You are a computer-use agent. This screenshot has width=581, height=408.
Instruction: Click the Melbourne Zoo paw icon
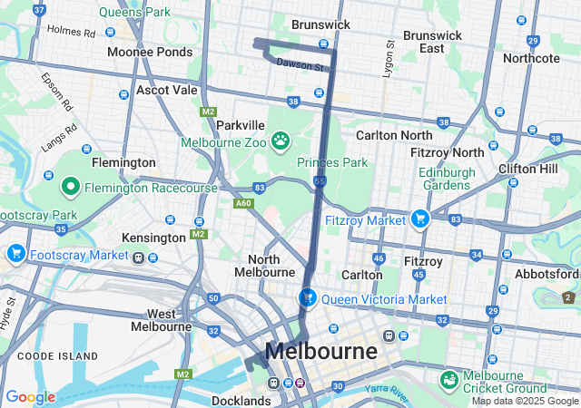pos(281,141)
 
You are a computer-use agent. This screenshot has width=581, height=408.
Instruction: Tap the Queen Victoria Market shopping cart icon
pos(308,297)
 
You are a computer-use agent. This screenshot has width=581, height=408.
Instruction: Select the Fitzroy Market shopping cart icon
pos(419,219)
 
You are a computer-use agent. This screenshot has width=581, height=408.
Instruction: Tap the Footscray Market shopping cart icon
pos(15,255)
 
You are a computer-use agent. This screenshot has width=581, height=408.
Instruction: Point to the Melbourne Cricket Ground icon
pos(448,378)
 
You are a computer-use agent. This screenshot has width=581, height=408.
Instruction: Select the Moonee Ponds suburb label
pos(150,52)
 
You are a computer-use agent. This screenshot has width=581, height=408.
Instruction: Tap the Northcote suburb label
pos(531,58)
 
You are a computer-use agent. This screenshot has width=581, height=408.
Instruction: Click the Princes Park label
pos(332,162)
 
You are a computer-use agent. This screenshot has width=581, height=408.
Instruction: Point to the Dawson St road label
pos(300,65)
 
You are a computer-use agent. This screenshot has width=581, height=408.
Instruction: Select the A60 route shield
pos(243,204)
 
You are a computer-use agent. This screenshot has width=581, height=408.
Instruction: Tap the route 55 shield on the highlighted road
pos(320,182)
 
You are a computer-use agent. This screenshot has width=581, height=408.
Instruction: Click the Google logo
pos(30,397)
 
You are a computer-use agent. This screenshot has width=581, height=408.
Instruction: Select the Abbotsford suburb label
pos(550,274)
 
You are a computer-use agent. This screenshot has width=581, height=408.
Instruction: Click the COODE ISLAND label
pos(52,356)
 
